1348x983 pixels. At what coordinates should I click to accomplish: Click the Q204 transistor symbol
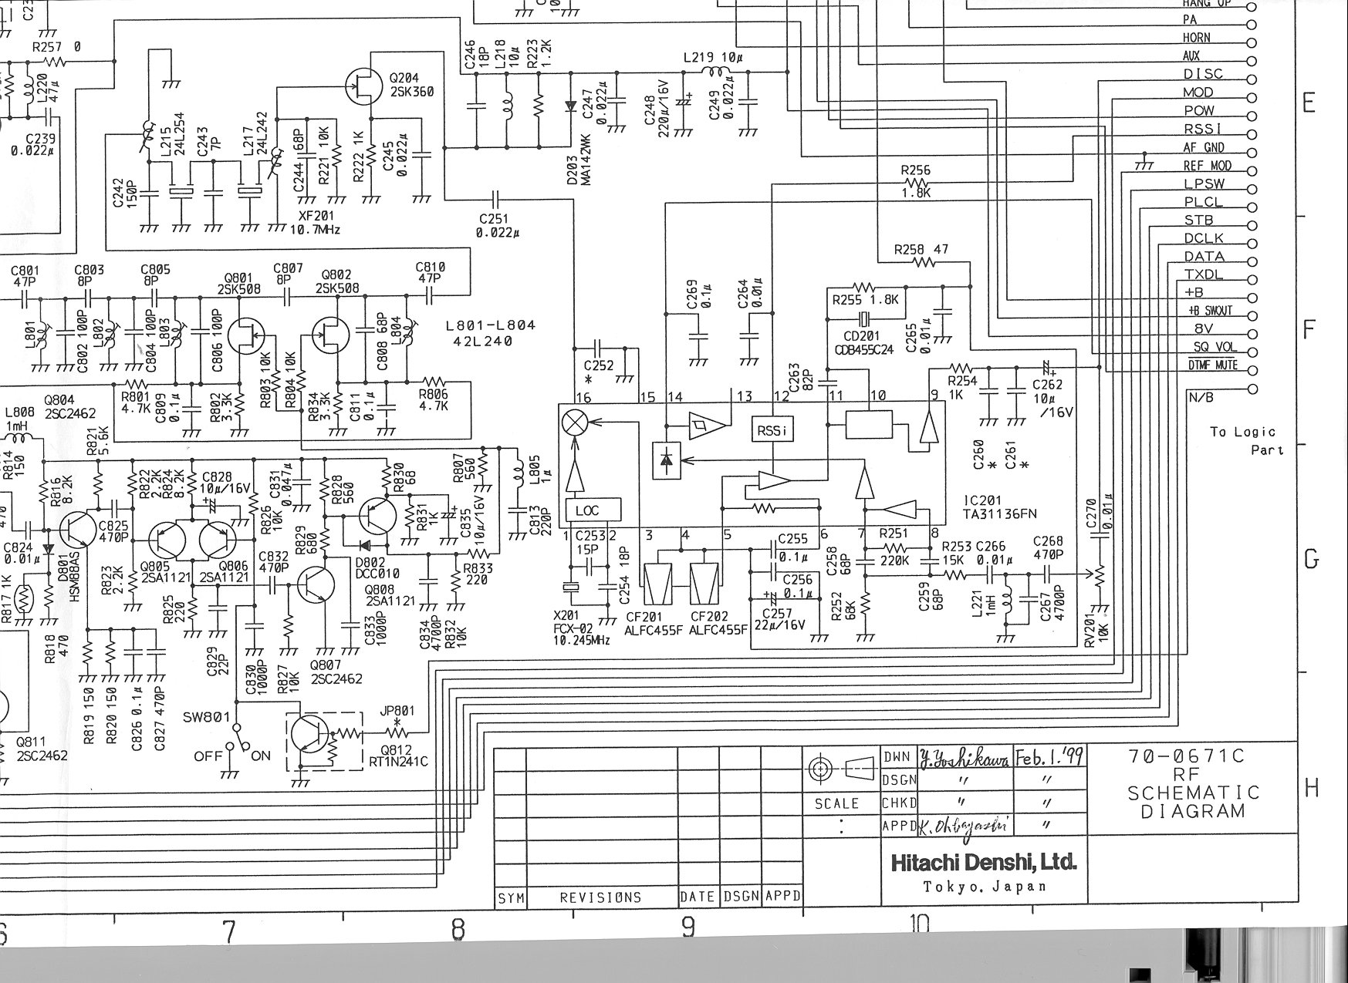[363, 86]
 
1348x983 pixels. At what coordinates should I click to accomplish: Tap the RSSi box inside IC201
[772, 430]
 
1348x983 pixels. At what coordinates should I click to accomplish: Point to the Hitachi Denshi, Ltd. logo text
[983, 861]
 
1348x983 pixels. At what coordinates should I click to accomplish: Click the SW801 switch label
[207, 716]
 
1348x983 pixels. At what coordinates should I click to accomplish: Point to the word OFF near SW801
[208, 756]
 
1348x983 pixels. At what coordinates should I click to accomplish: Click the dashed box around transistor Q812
[325, 741]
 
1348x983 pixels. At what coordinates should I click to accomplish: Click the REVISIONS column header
[600, 897]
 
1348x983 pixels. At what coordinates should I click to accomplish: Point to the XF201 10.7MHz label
[314, 223]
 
